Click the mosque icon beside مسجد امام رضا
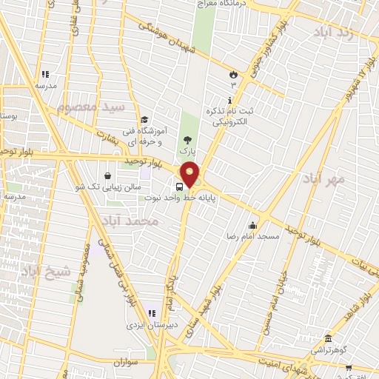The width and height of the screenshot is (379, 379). point(253,226)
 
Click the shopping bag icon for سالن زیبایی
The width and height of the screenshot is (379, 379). point(109,176)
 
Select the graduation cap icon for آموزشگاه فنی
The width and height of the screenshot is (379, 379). point(145,121)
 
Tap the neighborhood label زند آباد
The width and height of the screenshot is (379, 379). point(333,34)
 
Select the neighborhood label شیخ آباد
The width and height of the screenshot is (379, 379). point(48,271)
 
